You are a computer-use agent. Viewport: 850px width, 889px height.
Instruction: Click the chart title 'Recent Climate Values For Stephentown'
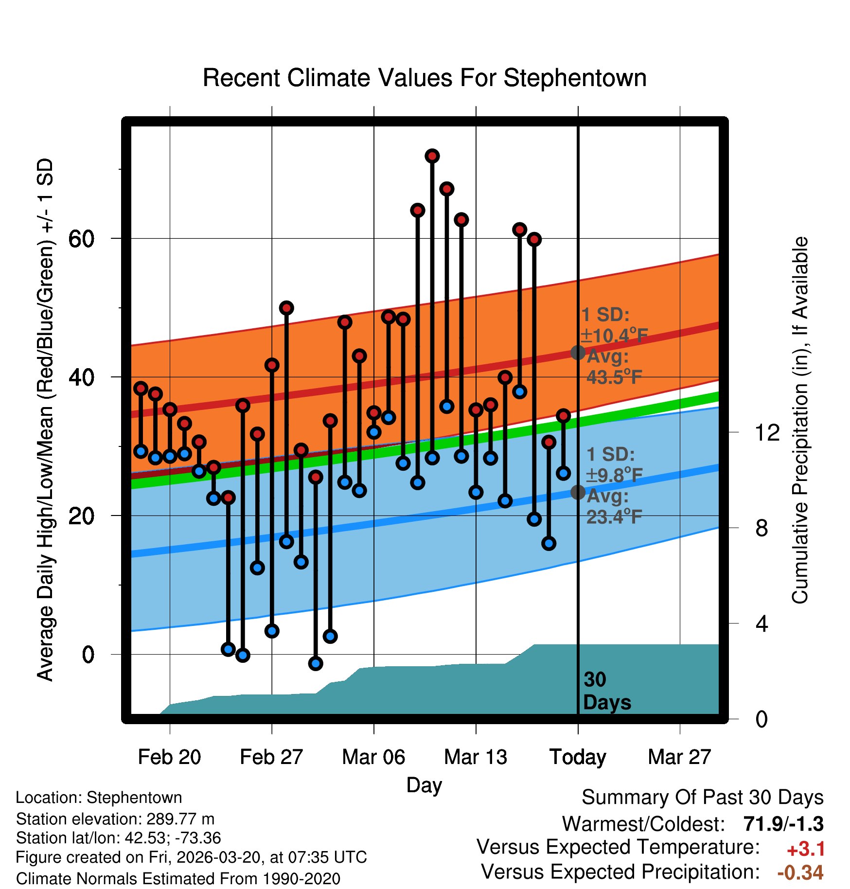coord(425,78)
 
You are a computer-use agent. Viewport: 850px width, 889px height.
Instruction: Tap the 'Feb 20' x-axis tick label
coord(169,757)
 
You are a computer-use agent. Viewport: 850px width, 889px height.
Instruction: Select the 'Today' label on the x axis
coord(578,757)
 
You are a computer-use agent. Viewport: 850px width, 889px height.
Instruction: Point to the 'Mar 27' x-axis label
coord(679,757)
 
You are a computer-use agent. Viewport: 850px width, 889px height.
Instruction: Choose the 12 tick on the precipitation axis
coord(767,432)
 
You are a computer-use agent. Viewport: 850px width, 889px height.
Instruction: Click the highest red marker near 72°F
coord(432,156)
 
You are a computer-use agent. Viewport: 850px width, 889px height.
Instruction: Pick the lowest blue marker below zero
coord(316,663)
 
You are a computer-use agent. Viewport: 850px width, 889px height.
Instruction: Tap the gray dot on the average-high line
coord(578,353)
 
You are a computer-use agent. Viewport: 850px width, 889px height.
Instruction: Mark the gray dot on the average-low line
coord(578,492)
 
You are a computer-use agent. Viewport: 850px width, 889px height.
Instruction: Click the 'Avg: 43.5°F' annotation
coord(614,367)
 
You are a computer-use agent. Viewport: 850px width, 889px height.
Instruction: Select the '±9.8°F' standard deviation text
coord(614,475)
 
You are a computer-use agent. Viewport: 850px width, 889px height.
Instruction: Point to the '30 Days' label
coord(606,691)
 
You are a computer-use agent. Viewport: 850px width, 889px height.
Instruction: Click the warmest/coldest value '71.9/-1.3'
coord(783,824)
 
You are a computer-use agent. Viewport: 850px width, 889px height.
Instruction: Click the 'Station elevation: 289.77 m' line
coord(115,819)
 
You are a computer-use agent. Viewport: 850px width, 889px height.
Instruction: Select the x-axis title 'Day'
coord(424,785)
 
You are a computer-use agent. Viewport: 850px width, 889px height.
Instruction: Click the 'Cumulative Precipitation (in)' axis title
coord(800,421)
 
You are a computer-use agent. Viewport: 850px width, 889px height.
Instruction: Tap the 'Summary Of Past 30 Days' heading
coord(702,798)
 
